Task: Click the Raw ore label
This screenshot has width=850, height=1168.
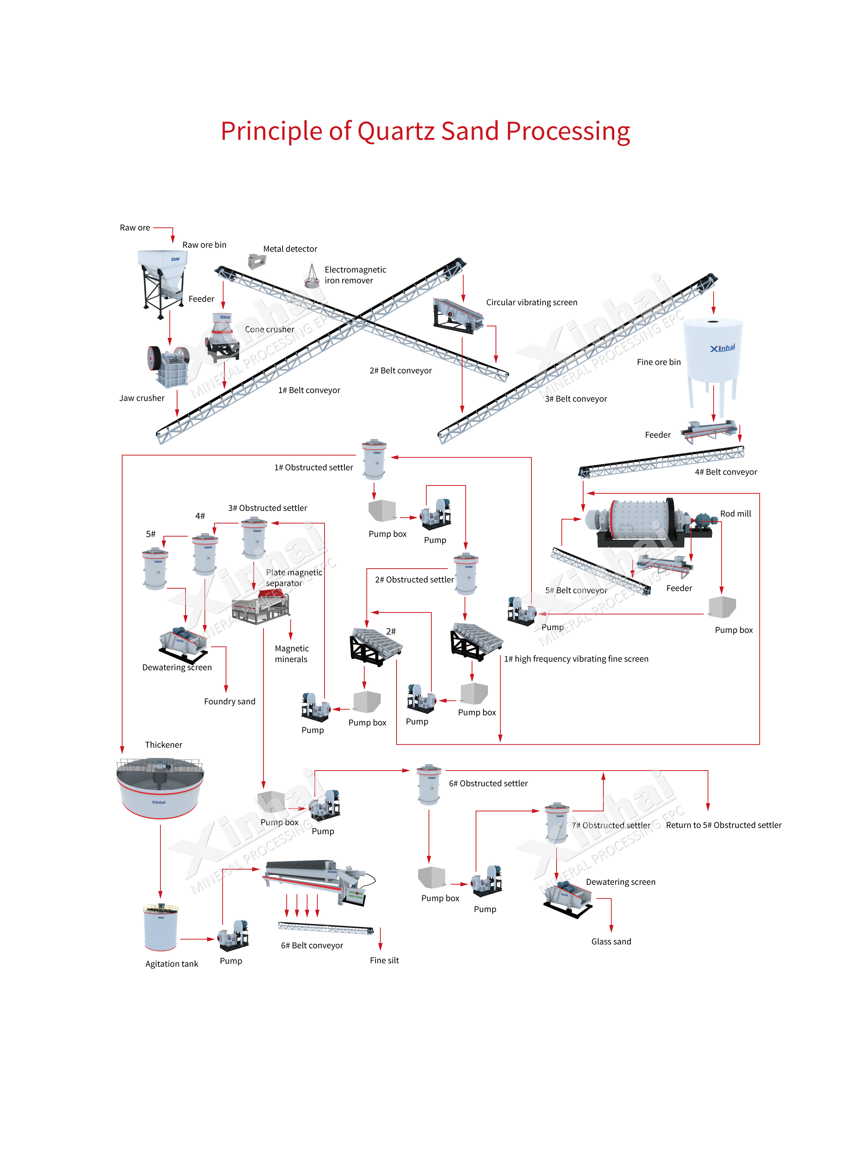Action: click(135, 228)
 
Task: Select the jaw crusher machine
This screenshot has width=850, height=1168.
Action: click(168, 366)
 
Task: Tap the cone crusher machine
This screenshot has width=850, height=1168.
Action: click(223, 336)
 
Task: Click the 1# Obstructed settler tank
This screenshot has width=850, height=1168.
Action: click(374, 459)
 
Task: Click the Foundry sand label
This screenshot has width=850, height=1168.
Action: click(230, 701)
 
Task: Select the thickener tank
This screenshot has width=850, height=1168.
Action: click(160, 788)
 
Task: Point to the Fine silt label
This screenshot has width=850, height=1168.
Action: click(384, 960)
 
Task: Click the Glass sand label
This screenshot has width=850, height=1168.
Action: click(611, 941)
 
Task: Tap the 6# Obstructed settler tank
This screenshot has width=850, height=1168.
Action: click(429, 784)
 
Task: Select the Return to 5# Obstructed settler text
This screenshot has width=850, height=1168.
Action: click(723, 825)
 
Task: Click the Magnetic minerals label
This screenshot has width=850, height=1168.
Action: click(292, 654)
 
